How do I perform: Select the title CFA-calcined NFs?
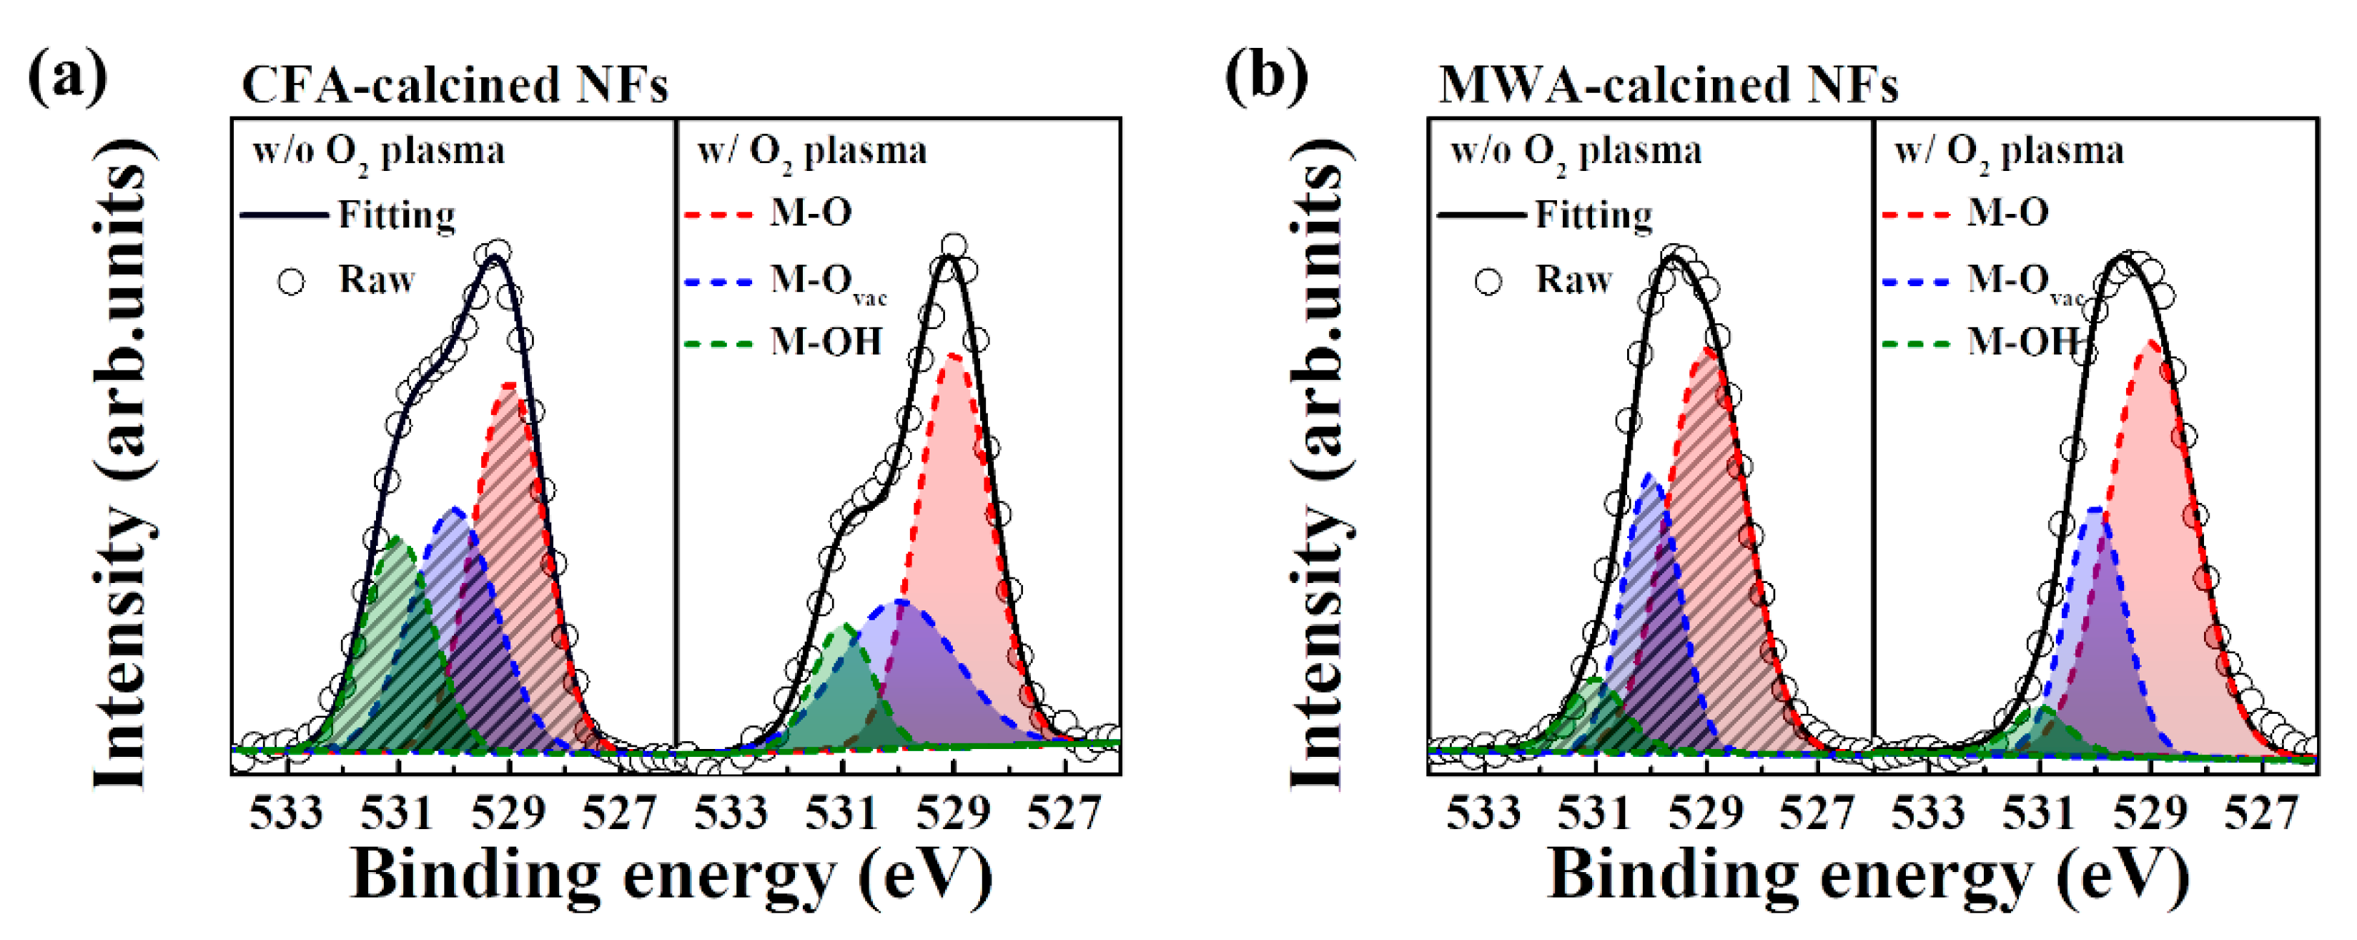pos(455,85)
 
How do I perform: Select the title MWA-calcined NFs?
pos(1667,85)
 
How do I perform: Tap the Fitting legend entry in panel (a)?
pos(396,215)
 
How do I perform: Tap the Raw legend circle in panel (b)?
pos(1488,281)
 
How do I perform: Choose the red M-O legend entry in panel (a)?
pos(810,213)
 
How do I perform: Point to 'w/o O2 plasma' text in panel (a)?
pos(378,152)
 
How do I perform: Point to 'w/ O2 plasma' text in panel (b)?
pos(2008,152)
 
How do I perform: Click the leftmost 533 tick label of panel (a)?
pos(287,813)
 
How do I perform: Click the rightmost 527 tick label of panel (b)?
pos(2261,813)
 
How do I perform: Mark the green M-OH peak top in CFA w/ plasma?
pos(844,627)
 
